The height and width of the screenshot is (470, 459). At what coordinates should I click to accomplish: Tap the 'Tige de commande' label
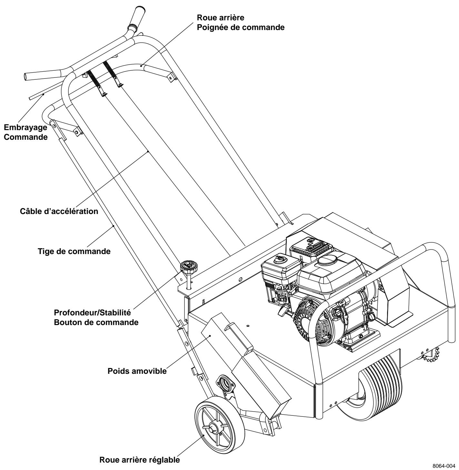tap(74, 251)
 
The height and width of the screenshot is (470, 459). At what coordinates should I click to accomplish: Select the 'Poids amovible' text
tap(137, 371)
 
